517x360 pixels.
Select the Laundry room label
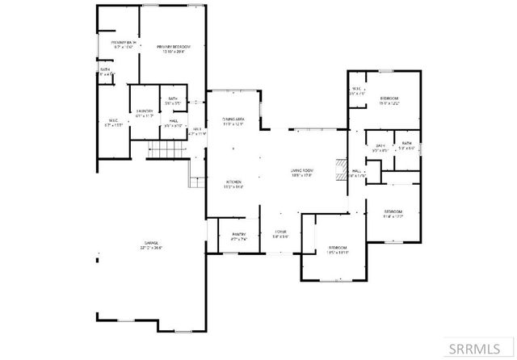tap(145, 113)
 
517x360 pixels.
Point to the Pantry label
tap(237, 237)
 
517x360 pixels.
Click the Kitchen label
tap(233, 183)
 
